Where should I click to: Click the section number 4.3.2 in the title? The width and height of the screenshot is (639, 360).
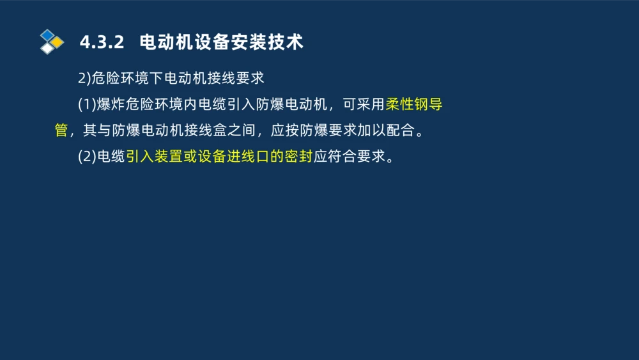tap(101, 43)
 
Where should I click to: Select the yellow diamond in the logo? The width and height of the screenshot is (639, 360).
tap(58, 42)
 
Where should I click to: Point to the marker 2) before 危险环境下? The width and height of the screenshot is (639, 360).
tap(84, 79)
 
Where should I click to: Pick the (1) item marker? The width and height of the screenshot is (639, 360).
tap(86, 105)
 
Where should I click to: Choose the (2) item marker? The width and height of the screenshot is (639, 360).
tap(86, 157)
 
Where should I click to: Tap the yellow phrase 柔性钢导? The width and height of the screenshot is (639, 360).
tap(414, 105)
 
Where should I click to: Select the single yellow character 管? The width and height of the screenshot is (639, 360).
tap(61, 131)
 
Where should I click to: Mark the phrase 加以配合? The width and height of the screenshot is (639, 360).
tap(383, 131)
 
